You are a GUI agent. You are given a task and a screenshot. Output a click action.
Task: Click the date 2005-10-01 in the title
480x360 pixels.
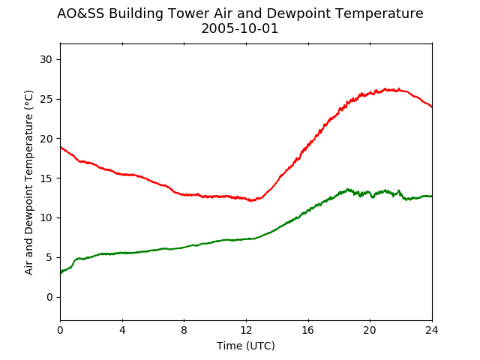click(240, 28)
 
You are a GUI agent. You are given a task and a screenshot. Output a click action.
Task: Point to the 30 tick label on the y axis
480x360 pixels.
click(46, 59)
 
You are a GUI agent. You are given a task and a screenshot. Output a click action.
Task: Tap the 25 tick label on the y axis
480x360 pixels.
click(46, 99)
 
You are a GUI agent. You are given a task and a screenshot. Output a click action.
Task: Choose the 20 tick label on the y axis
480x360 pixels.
click(46, 139)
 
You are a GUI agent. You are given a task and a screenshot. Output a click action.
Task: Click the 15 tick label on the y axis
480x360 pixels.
click(46, 178)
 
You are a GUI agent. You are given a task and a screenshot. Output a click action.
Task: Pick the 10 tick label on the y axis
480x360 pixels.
click(46, 217)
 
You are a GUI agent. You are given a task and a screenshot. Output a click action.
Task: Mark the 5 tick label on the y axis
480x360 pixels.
click(49, 257)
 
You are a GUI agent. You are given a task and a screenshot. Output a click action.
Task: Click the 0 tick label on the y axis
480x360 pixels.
click(49, 297)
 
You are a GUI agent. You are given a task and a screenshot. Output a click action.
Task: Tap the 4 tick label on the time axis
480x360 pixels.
click(122, 330)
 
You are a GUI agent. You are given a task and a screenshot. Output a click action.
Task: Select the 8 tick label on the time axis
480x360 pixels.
click(184, 330)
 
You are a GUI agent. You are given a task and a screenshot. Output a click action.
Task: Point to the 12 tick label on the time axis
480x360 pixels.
click(246, 330)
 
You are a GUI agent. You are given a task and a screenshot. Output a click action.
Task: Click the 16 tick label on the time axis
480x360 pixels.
click(308, 330)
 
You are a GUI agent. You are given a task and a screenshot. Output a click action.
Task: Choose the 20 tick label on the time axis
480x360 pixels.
click(370, 330)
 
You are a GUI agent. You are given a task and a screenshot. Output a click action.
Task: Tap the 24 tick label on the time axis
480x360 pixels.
click(432, 330)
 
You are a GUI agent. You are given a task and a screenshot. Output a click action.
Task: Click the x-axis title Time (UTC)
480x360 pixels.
click(246, 346)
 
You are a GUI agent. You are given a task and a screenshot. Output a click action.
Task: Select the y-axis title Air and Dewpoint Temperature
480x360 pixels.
click(28, 182)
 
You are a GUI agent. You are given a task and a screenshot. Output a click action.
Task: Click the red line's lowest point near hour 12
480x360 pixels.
click(251, 200)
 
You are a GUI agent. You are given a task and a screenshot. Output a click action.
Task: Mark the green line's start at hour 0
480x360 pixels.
click(61, 273)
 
